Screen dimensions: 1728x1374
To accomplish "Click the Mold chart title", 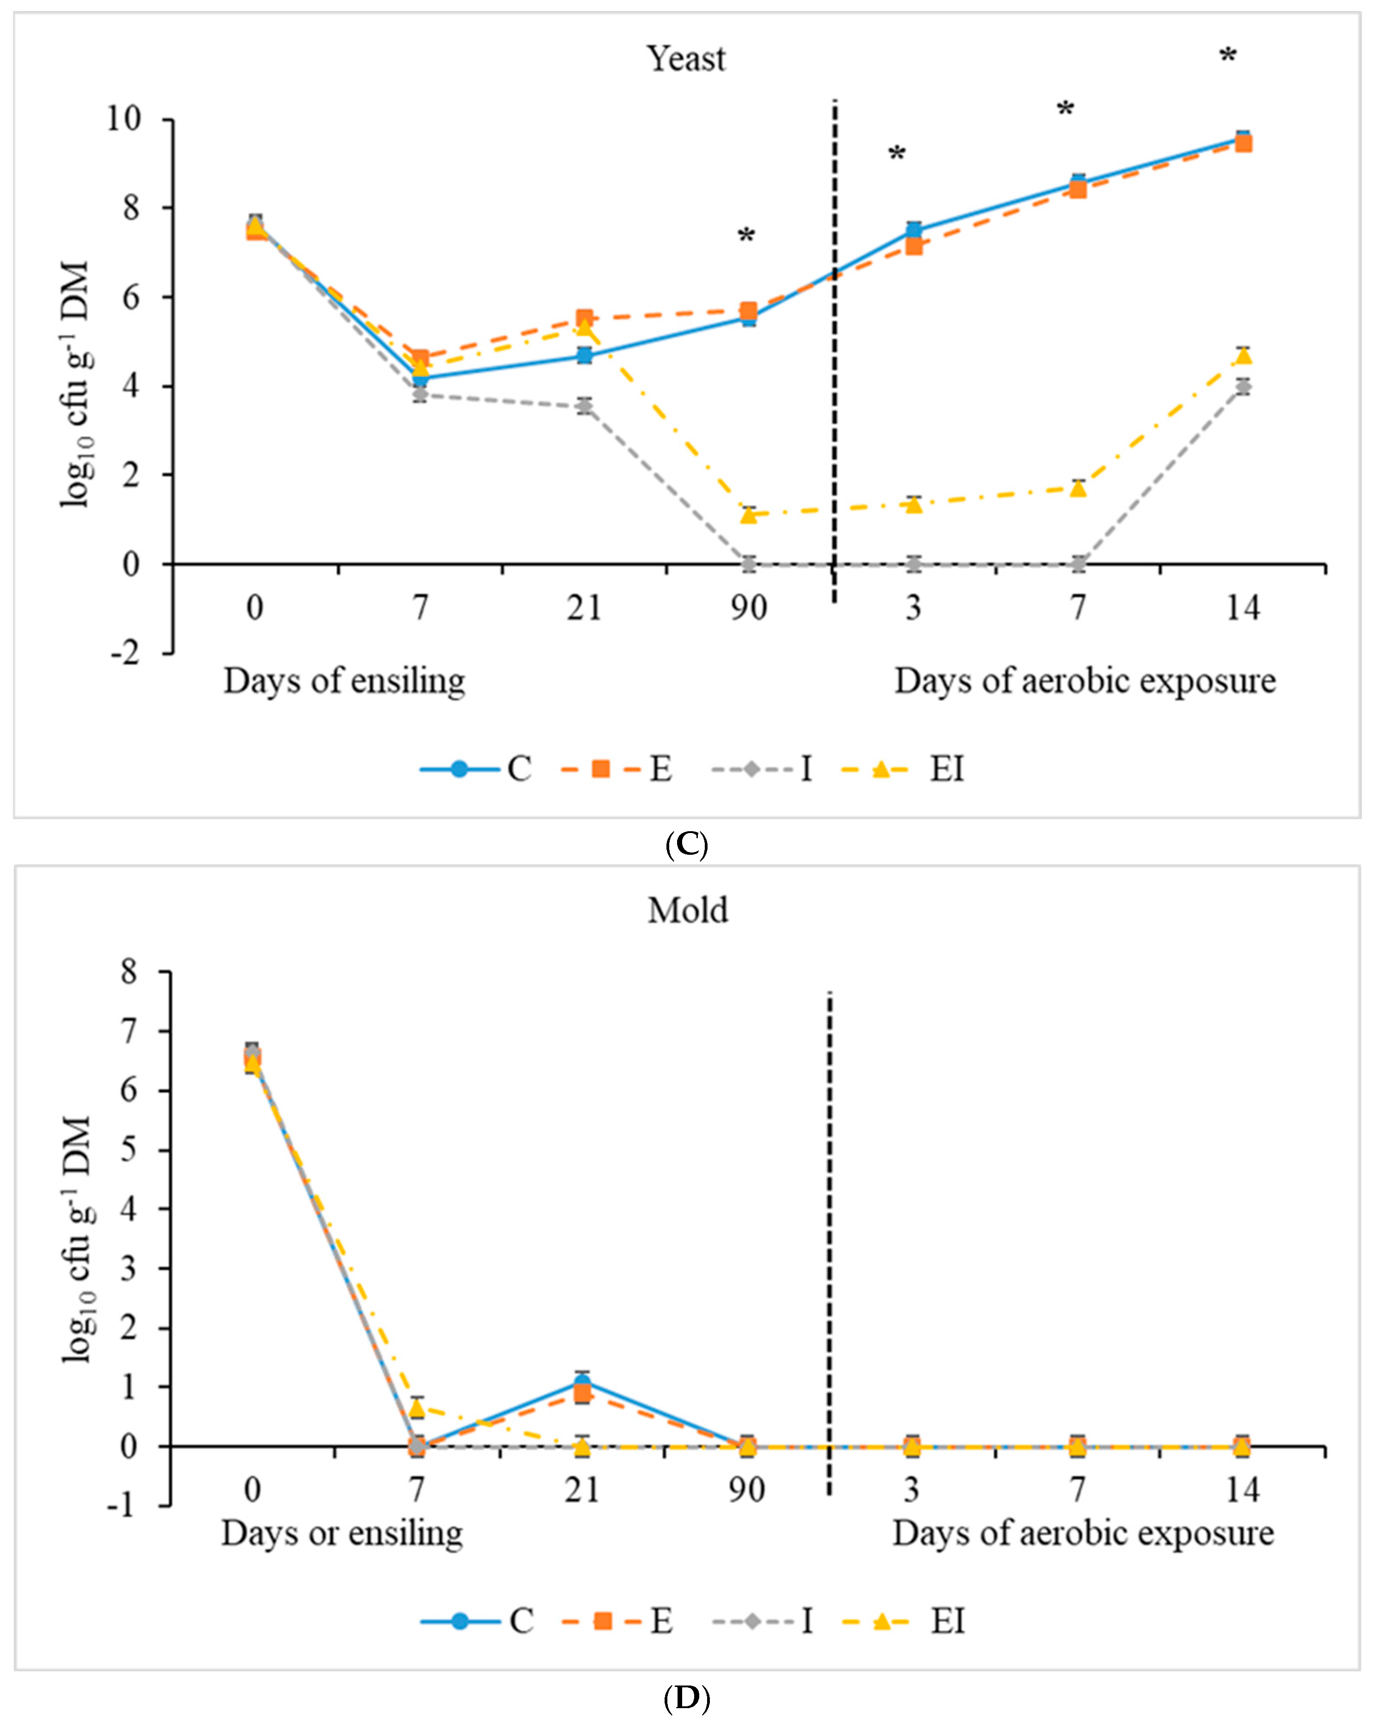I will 688,911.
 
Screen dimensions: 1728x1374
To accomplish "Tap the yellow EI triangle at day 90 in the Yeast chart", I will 749,514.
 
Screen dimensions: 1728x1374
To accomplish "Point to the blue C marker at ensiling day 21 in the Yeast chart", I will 584,355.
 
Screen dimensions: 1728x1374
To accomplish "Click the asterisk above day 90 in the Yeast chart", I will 746,236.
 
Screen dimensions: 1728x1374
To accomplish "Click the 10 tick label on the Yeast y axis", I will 123,120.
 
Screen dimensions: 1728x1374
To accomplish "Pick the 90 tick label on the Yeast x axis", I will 748,608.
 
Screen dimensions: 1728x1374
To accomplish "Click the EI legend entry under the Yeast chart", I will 946,769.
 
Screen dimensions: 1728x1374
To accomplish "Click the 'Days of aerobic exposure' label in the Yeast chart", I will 1084,681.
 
